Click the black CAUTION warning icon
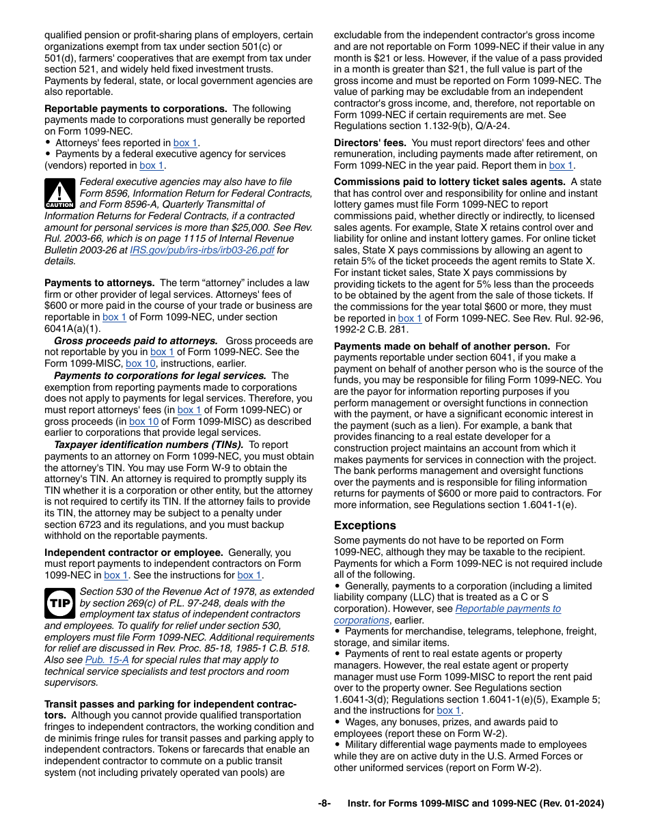click(59, 193)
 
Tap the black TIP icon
click(59, 603)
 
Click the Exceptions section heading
click(365, 525)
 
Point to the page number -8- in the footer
click(324, 804)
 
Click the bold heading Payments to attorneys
click(99, 283)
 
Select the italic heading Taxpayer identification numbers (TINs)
click(148, 445)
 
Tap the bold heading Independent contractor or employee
click(133, 552)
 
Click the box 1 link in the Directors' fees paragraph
click(561, 165)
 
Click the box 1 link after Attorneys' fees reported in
click(185, 143)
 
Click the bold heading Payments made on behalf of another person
click(441, 346)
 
